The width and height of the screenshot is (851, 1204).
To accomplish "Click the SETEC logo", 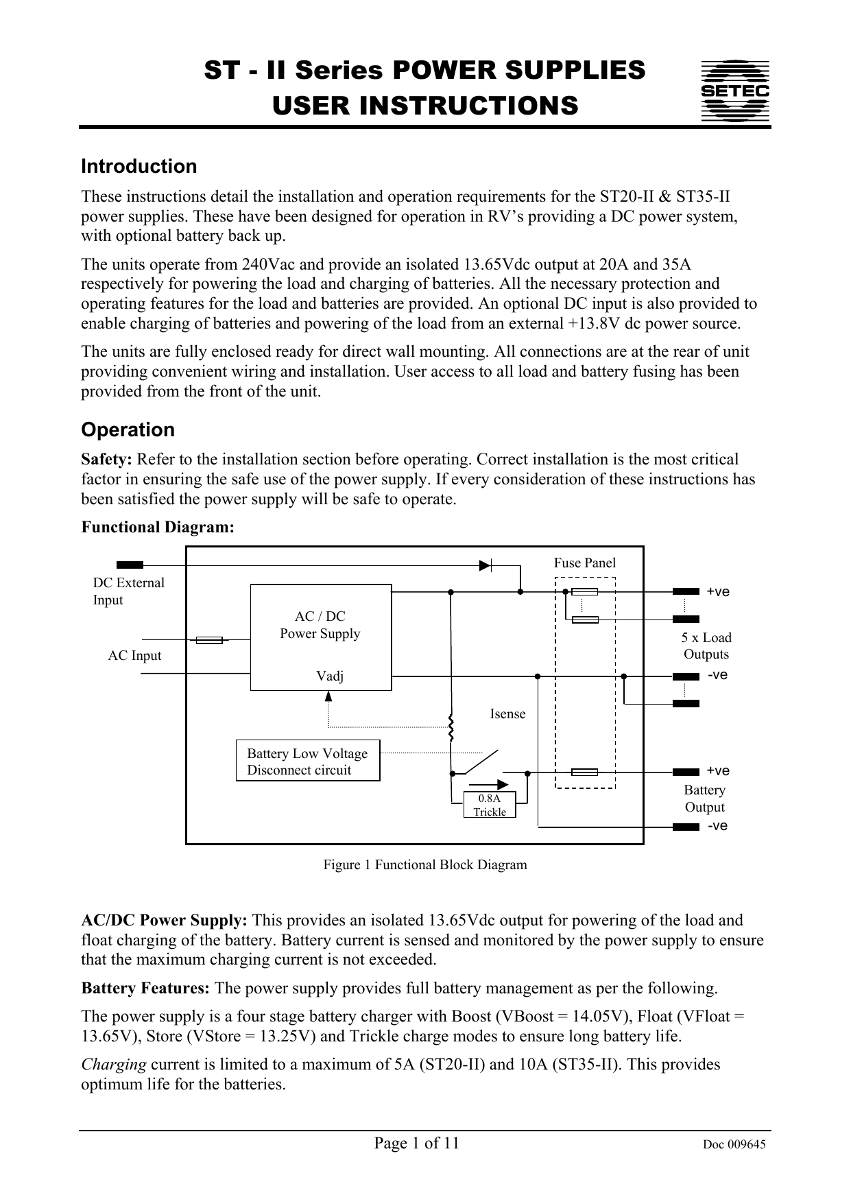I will pos(734,91).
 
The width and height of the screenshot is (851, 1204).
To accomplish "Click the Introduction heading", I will pos(139,167).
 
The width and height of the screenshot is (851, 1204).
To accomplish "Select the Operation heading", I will pos(128,430).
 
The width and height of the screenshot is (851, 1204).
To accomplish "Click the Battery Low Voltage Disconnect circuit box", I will pos(307,762).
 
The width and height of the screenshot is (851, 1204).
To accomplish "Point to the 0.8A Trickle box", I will pos(490,805).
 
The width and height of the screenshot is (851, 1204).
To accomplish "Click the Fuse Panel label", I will pos(584,563).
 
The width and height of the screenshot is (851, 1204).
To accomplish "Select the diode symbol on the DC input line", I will pos(486,565).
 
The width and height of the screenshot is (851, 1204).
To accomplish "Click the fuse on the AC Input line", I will pos(209,640).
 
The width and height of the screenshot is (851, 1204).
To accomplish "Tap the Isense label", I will pos(507,714).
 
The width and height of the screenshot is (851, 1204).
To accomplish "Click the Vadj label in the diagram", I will pos(330,676).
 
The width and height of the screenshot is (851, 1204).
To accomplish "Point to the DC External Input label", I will pos(128,591).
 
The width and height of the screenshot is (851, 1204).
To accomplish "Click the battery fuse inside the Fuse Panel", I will pos(584,772).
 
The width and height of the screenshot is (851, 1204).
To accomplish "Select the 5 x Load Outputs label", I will pos(706,646).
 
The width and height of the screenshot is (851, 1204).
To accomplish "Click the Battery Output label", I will pos(704,799).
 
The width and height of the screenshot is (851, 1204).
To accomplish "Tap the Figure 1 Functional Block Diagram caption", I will pos(425,864).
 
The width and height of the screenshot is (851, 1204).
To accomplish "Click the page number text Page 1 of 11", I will pos(416,1143).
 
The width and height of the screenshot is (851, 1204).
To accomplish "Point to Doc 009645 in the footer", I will pos(734,1144).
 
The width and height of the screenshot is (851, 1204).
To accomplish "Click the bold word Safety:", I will pos(107,460).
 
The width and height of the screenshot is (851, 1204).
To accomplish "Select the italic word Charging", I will pos(113,1065).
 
